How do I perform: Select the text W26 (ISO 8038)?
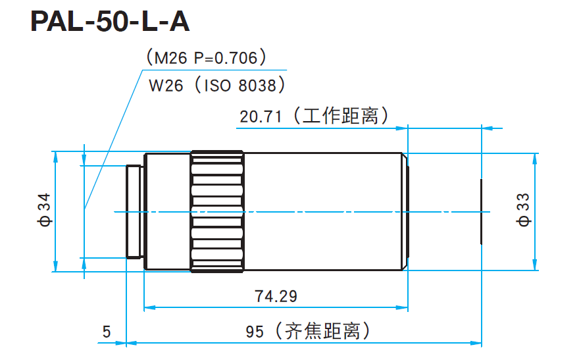[x=217, y=86]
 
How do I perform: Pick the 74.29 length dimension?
[x=276, y=296]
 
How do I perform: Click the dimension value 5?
[x=107, y=332]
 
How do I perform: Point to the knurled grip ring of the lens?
[x=217, y=211]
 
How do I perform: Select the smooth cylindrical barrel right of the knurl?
[x=322, y=211]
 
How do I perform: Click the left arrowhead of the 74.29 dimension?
[x=148, y=307]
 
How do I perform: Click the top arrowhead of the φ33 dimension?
[x=536, y=157]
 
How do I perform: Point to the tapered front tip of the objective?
[x=406, y=211]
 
